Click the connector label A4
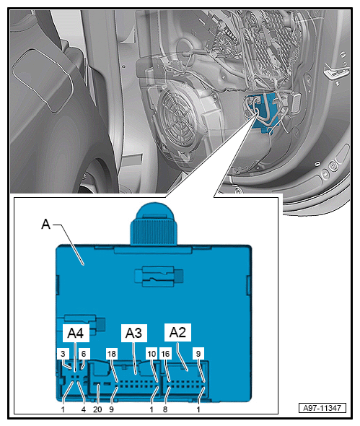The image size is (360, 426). pos(76,333)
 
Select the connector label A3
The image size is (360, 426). pos(134,333)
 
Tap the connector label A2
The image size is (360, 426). pos(177,332)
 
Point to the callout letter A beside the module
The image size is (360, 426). pos(46,225)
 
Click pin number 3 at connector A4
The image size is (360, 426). pos(63,354)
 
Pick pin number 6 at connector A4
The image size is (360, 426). pos(84,354)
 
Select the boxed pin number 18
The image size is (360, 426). pos(112,354)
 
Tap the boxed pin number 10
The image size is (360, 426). pos(152,354)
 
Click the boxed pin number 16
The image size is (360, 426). pos(165,354)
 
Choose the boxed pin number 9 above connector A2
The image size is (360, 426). pos(198,354)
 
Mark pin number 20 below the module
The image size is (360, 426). pos(97,409)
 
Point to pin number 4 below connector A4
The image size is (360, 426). pos(84,409)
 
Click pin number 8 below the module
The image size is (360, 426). pos(165,409)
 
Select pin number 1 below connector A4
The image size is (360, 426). pos(63,409)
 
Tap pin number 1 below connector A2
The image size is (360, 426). pos(198,409)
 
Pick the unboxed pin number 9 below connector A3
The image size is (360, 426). pos(111,409)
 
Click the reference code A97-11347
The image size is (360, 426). pos(322,408)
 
